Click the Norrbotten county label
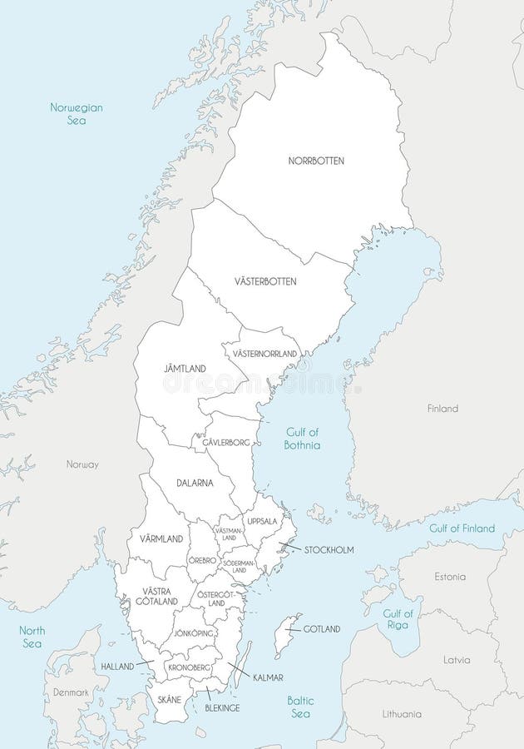point(315,161)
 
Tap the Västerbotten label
point(264,281)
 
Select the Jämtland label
point(185,368)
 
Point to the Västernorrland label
point(264,354)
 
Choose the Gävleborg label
point(226,444)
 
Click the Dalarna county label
point(195,483)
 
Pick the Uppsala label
point(262,521)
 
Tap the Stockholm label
point(329,550)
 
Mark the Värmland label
point(161,539)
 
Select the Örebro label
point(202,560)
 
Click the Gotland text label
point(321,629)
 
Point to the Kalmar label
point(268,677)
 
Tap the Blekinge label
point(222,707)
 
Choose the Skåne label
point(169,699)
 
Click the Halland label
point(117,667)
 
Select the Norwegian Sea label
point(75,114)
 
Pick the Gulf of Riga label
point(398,619)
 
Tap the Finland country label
point(442,409)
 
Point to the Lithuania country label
point(402,714)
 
